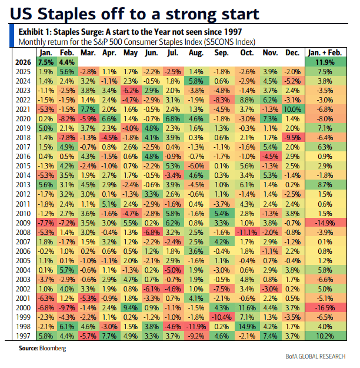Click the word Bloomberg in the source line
[x=52, y=349]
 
